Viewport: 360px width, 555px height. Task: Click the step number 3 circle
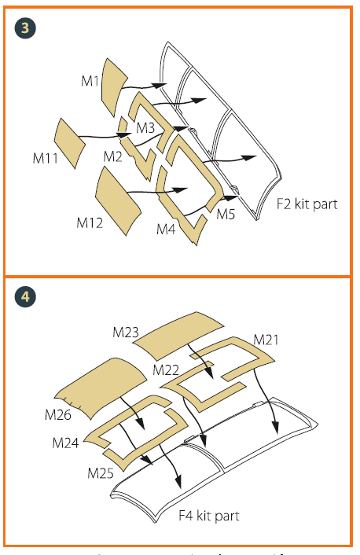point(25,28)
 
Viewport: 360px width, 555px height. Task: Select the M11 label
point(45,157)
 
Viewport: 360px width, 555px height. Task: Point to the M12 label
point(90,222)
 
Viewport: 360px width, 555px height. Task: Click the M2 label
point(113,156)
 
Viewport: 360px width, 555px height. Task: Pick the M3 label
point(145,127)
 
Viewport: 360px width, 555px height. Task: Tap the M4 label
point(165,229)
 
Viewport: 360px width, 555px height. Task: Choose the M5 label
point(226,213)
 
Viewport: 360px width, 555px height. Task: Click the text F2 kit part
point(307,204)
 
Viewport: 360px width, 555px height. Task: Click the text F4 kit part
point(208,516)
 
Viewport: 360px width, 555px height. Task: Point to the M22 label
point(167,369)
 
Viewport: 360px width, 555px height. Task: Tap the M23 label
point(126,333)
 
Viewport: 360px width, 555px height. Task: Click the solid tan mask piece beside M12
point(119,197)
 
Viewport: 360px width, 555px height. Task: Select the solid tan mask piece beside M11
point(71,141)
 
